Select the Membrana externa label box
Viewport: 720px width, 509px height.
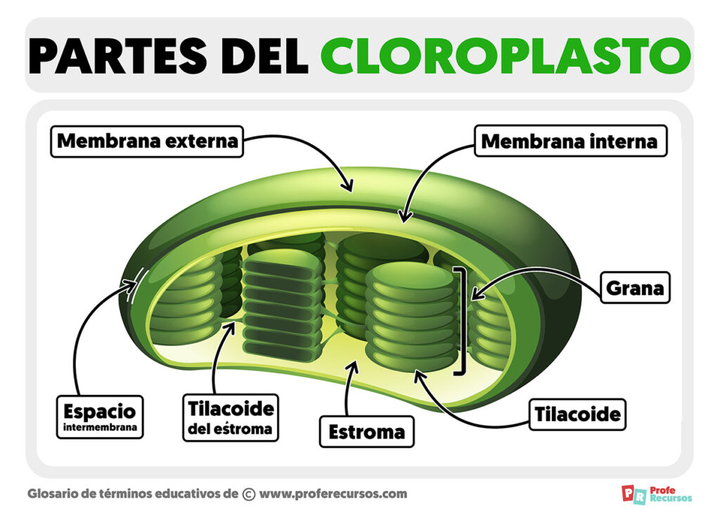[x=147, y=141]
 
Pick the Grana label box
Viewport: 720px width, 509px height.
[x=634, y=288]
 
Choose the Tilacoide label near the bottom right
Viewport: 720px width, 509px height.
[x=578, y=414]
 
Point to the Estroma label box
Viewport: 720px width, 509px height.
[x=367, y=432]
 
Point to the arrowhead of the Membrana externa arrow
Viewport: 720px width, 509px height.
[x=347, y=186]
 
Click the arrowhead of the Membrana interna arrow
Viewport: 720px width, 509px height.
[x=402, y=217]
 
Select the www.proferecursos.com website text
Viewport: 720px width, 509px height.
[x=333, y=494]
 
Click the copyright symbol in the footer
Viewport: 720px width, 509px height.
[x=248, y=494]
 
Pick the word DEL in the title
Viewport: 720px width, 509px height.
[x=262, y=56]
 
